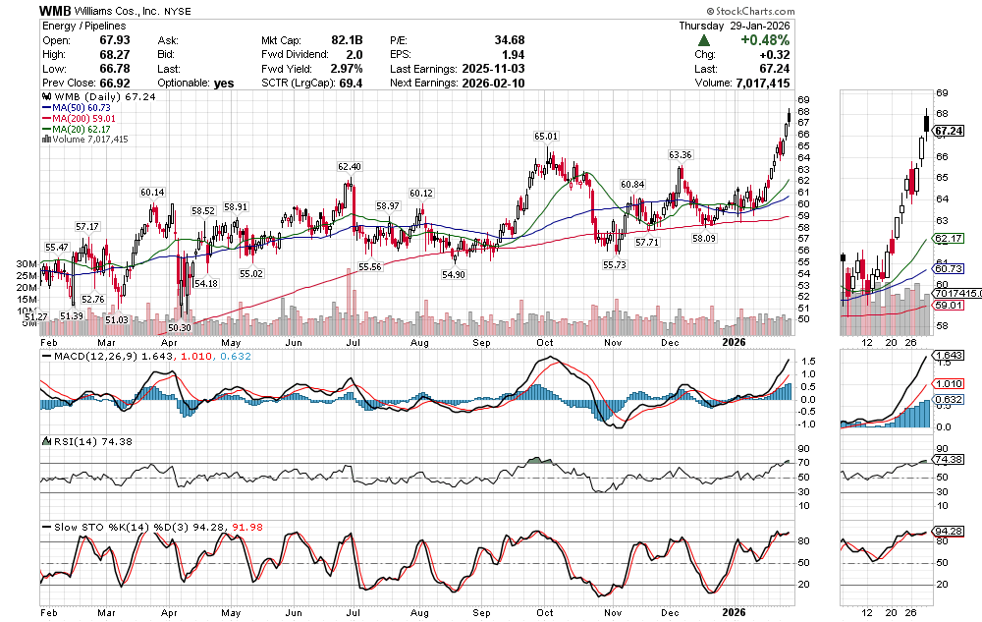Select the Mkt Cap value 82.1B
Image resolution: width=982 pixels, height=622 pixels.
coord(348,39)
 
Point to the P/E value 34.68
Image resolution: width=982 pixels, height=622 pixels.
coord(510,39)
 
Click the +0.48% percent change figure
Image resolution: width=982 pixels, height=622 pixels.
coord(767,39)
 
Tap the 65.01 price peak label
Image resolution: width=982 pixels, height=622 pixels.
coord(546,136)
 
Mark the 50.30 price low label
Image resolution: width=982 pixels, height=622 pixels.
coord(180,328)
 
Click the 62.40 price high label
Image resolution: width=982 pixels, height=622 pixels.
coord(350,167)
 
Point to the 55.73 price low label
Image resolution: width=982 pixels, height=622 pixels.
coord(615,264)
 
